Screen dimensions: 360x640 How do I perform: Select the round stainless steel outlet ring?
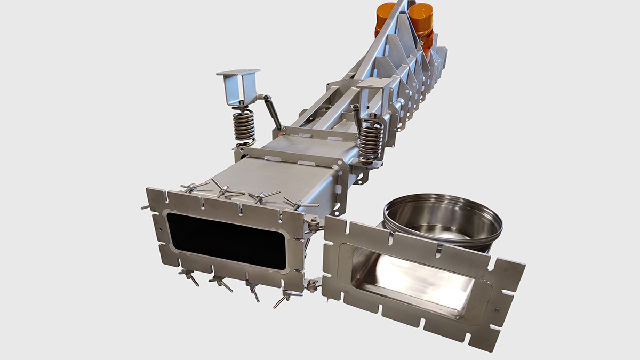coord(443,221)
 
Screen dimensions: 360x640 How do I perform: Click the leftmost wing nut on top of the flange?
coord(195,186)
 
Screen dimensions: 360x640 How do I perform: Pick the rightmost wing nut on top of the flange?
coord(299,203)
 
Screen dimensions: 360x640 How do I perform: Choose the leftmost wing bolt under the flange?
coord(188,276)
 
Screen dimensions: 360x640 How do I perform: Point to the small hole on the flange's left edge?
coord(160,231)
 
